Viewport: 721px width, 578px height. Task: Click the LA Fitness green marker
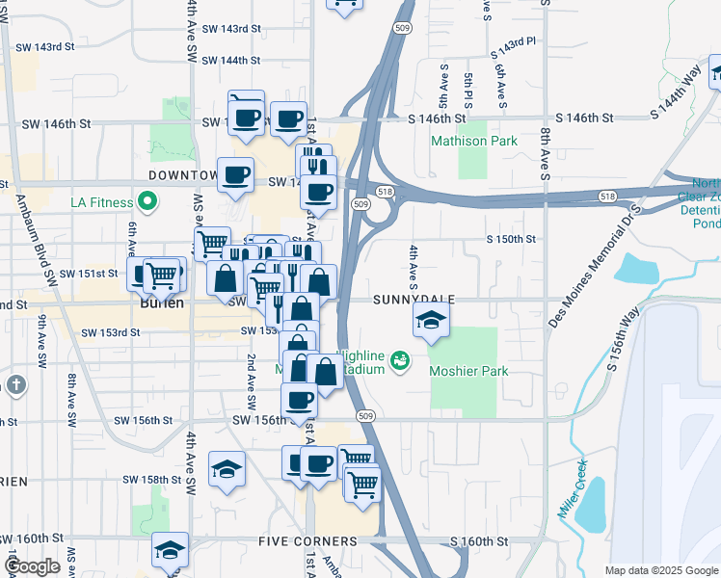point(147,202)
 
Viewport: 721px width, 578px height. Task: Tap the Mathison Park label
point(473,142)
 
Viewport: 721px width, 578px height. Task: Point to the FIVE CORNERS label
point(307,541)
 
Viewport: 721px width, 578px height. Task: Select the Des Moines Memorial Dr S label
point(593,266)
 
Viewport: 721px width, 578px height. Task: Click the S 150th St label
point(511,239)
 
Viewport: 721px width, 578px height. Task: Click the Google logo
point(33,567)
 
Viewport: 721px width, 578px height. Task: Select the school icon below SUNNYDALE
point(431,322)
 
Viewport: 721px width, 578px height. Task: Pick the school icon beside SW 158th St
point(227,469)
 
